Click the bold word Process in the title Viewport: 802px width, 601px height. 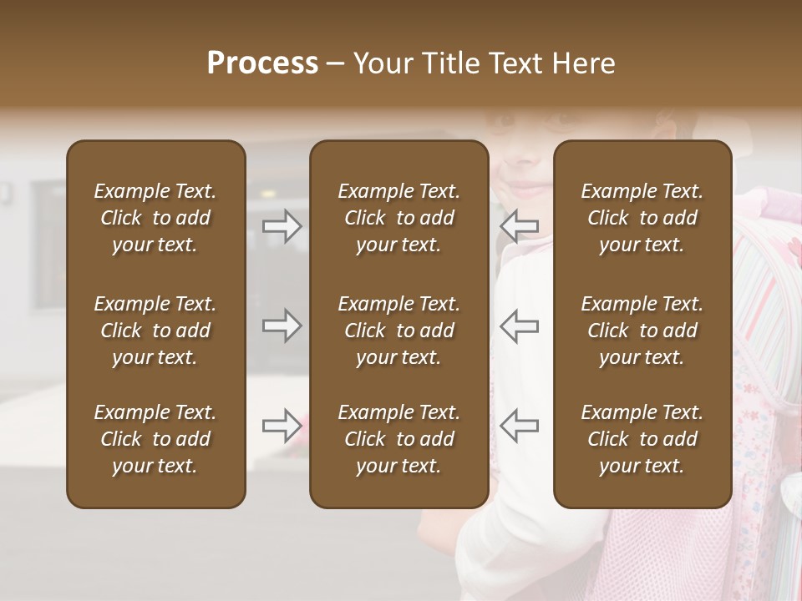tap(262, 63)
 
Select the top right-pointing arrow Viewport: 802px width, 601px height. tap(282, 225)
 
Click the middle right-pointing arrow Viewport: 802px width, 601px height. tap(282, 326)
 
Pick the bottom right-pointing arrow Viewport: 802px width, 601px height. tap(282, 426)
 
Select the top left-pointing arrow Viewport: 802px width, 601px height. tap(519, 225)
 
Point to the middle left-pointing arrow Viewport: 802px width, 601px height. tap(519, 326)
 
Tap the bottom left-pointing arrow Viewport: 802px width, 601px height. tap(519, 426)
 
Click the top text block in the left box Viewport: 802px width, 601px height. tap(155, 218)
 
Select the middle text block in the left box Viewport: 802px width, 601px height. tap(155, 331)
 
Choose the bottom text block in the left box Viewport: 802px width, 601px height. tap(155, 439)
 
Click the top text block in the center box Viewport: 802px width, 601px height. tap(398, 218)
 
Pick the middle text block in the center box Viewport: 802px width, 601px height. tap(398, 331)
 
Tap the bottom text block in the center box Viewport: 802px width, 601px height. tap(398, 439)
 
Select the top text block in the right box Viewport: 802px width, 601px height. tap(642, 218)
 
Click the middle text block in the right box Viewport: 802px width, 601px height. tap(642, 331)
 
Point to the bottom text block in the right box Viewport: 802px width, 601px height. tap(642, 439)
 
